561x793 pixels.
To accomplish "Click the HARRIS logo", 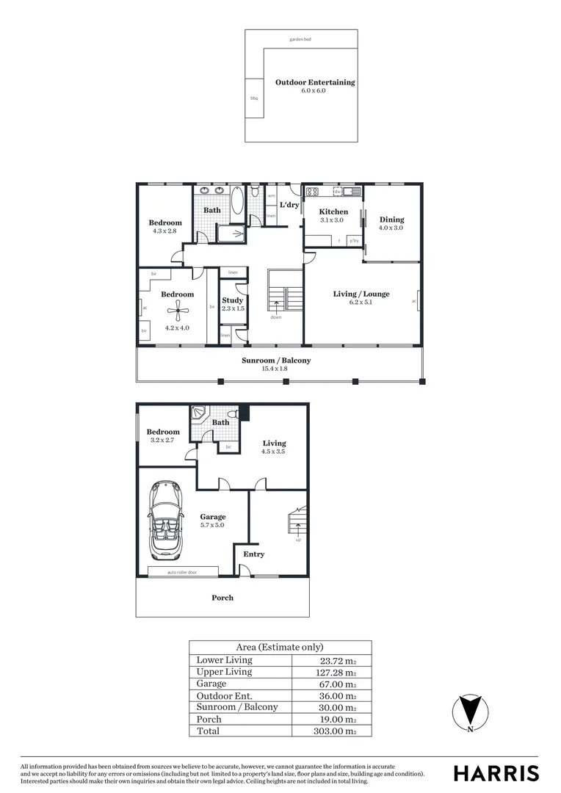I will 496,772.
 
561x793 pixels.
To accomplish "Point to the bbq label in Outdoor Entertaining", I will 254,98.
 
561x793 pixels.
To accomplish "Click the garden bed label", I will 301,38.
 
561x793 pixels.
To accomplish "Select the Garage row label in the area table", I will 211,684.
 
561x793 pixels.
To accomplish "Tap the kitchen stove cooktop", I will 311,192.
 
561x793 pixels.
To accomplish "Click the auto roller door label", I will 182,572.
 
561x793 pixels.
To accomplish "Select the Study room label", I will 233,300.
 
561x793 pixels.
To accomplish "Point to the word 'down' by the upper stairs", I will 276,317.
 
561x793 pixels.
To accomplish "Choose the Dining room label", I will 391,220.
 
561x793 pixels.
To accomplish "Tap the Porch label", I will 222,598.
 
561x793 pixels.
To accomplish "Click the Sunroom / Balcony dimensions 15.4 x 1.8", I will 276,369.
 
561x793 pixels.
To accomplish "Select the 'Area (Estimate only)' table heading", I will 279,647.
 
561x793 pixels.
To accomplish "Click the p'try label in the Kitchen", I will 354,240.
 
